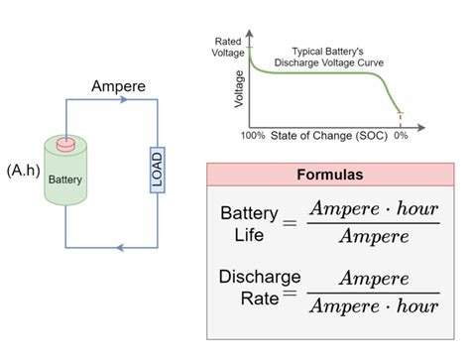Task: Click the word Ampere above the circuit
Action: [119, 86]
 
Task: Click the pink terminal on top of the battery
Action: [66, 146]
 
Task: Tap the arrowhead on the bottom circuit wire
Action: [120, 246]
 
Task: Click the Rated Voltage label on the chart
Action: [229, 46]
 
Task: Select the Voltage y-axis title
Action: [238, 87]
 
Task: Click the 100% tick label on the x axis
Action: [253, 134]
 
